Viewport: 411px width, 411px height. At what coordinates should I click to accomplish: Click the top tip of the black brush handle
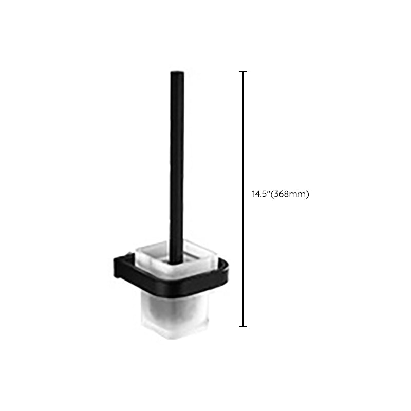tap(177, 72)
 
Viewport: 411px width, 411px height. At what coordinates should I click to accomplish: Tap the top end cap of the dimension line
tap(243, 71)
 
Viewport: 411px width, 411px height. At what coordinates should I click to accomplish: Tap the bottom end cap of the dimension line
tap(243, 327)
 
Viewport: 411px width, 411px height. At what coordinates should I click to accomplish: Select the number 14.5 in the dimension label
tap(259, 194)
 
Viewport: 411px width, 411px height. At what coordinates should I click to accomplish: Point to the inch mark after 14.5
tap(268, 192)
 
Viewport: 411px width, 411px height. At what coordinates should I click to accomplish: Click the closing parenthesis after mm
tap(308, 194)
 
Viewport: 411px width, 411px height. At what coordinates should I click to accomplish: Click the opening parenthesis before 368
tap(272, 194)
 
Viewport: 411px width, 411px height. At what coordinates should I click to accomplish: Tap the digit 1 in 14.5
tap(253, 194)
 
